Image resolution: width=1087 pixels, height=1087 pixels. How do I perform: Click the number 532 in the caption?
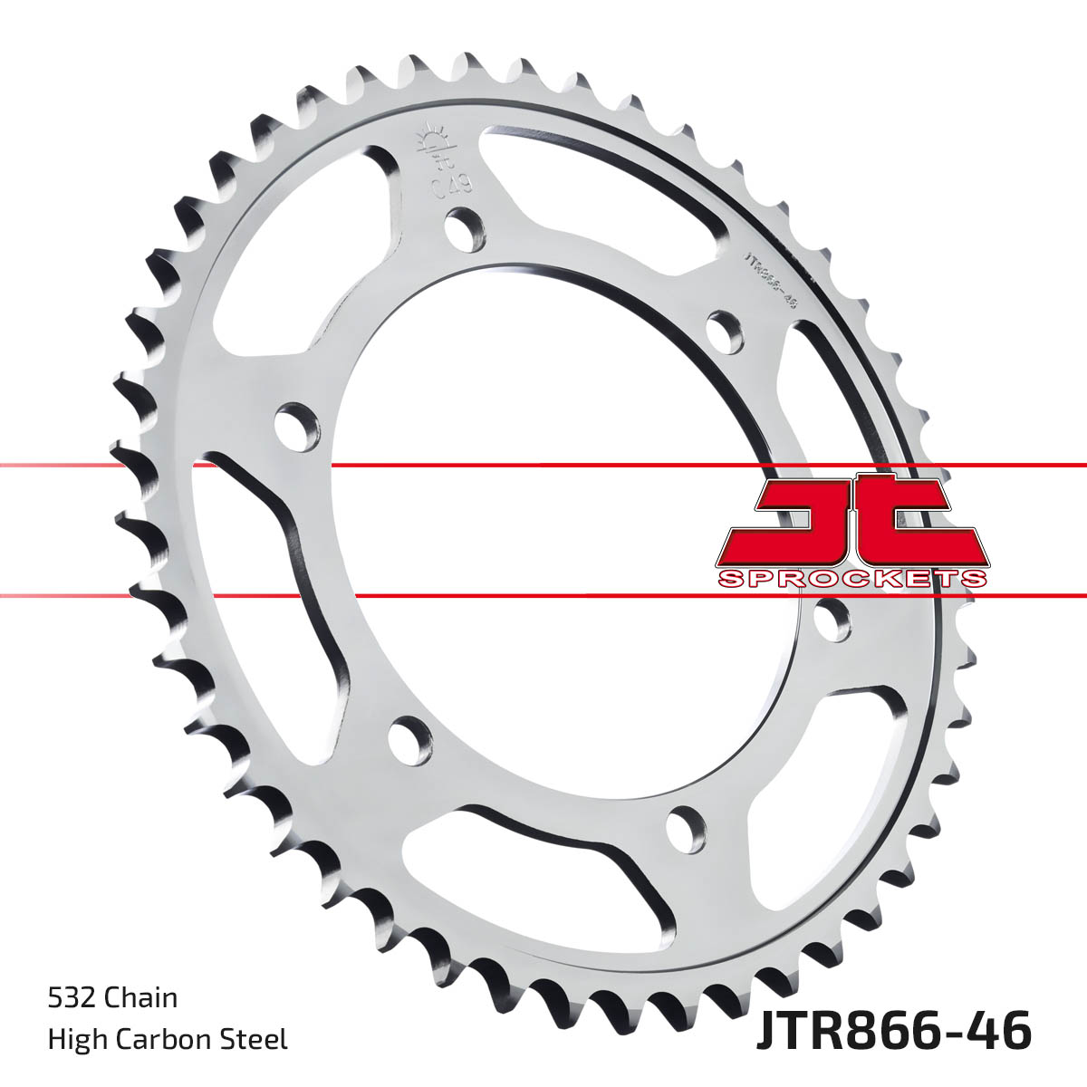[x=72, y=998]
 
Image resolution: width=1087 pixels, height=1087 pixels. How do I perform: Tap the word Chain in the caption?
[x=141, y=998]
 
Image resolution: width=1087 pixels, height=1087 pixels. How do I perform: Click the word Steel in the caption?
[x=258, y=1039]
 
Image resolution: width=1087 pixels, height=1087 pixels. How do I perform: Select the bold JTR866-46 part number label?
[x=892, y=1033]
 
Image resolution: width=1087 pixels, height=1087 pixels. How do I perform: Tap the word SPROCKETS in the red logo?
[x=851, y=579]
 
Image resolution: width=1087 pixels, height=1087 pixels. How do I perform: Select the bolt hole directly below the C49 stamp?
[x=465, y=228]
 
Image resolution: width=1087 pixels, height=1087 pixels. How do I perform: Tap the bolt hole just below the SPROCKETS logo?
[x=832, y=621]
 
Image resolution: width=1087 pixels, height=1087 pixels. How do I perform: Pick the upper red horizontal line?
[x=543, y=466]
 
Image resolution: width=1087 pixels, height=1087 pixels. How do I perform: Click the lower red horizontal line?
[x=543, y=596]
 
